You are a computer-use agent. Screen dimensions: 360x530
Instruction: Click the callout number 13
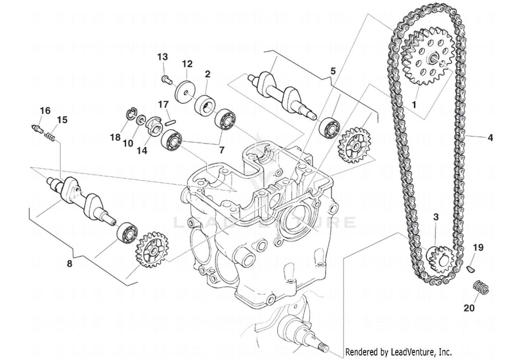point(163,57)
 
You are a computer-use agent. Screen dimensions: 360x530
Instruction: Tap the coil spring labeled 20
point(481,286)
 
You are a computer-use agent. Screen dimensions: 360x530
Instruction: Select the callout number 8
point(70,263)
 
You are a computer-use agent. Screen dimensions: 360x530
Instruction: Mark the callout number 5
point(333,71)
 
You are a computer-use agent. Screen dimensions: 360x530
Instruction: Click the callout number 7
point(222,150)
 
